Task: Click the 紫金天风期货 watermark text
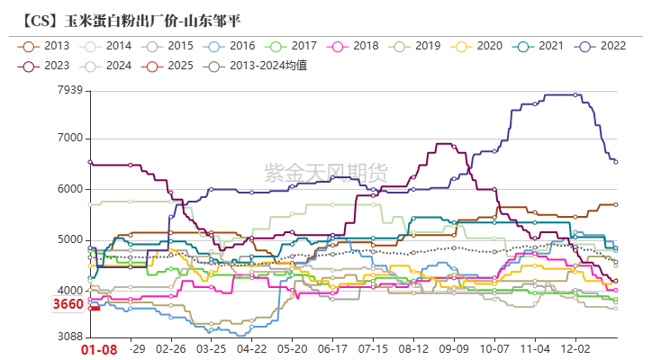click(x=326, y=169)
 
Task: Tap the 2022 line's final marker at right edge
click(x=616, y=162)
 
